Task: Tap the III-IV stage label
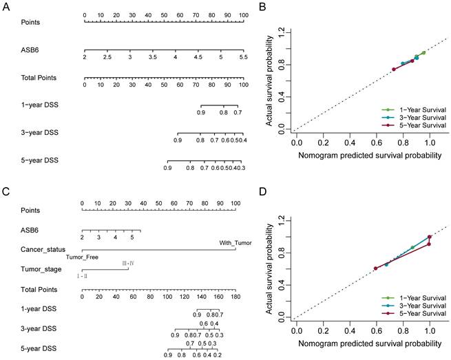128,263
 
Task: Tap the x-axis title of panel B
369,156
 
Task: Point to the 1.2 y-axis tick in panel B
281,30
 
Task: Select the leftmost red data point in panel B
394,69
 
